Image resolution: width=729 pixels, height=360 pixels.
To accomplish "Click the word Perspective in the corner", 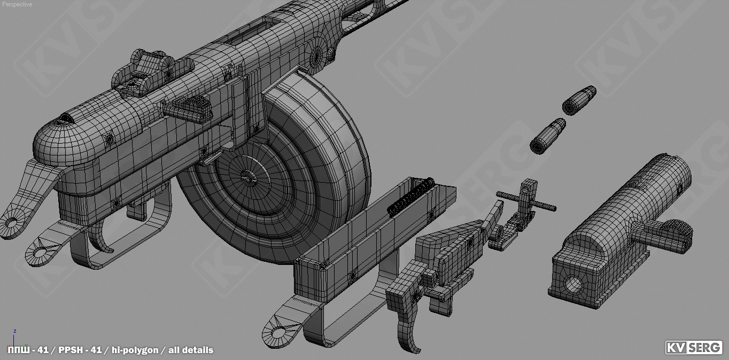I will [17, 4].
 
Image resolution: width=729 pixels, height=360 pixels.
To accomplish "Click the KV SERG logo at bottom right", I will [693, 348].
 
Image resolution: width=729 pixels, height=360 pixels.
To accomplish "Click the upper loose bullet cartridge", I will [579, 100].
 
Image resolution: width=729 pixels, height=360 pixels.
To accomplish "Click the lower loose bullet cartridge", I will [548, 136].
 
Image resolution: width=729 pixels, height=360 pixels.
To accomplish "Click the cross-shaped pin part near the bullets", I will [526, 200].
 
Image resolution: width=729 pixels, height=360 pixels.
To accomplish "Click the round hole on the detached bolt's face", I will [573, 285].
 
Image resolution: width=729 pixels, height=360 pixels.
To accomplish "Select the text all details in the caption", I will [191, 350].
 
